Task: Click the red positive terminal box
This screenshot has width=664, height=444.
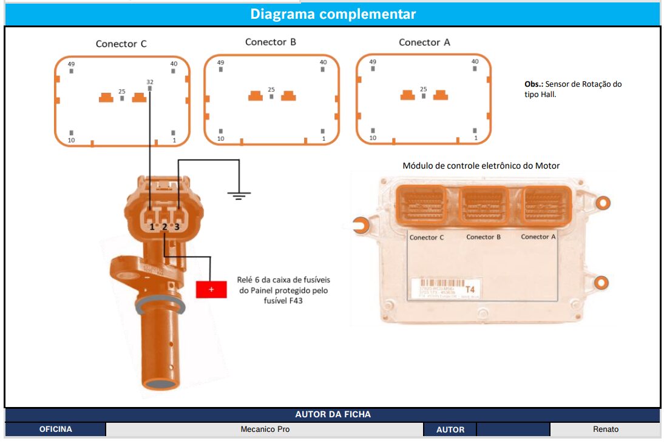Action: (x=211, y=289)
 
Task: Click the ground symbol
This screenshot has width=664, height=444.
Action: (x=239, y=195)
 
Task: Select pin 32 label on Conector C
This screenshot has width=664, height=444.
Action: (x=150, y=82)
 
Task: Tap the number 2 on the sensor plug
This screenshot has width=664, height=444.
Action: (x=164, y=227)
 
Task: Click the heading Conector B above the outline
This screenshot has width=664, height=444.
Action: (x=270, y=42)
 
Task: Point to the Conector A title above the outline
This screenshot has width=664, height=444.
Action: (x=424, y=42)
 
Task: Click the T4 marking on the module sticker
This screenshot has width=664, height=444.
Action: (x=470, y=289)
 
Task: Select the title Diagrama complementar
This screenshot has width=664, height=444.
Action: (x=333, y=14)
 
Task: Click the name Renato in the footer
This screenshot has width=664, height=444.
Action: (x=605, y=429)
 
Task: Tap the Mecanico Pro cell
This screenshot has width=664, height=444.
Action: (x=265, y=429)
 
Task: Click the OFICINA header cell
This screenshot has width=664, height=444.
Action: (x=56, y=429)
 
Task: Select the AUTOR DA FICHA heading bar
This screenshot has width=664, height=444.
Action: (x=333, y=414)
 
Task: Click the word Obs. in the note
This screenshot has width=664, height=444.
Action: (x=534, y=84)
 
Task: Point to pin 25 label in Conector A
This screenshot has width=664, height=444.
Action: (x=424, y=89)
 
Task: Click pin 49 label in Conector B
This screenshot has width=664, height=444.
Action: (x=220, y=62)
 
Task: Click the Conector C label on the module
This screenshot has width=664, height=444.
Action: (x=427, y=237)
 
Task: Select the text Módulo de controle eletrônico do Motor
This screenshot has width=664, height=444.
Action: (x=481, y=166)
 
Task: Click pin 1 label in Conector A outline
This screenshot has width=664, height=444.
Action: (x=475, y=138)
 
